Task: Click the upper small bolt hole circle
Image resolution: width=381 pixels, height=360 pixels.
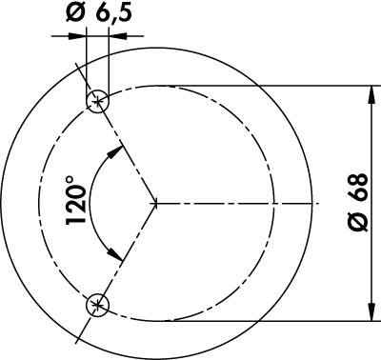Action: coord(87,102)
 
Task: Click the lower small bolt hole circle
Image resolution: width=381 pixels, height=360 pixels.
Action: coord(87,306)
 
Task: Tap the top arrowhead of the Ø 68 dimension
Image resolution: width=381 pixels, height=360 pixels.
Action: coord(371,94)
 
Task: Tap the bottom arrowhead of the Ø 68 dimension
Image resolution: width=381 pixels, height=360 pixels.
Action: coord(371,313)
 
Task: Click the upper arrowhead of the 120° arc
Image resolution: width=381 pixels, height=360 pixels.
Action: coord(115,152)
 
